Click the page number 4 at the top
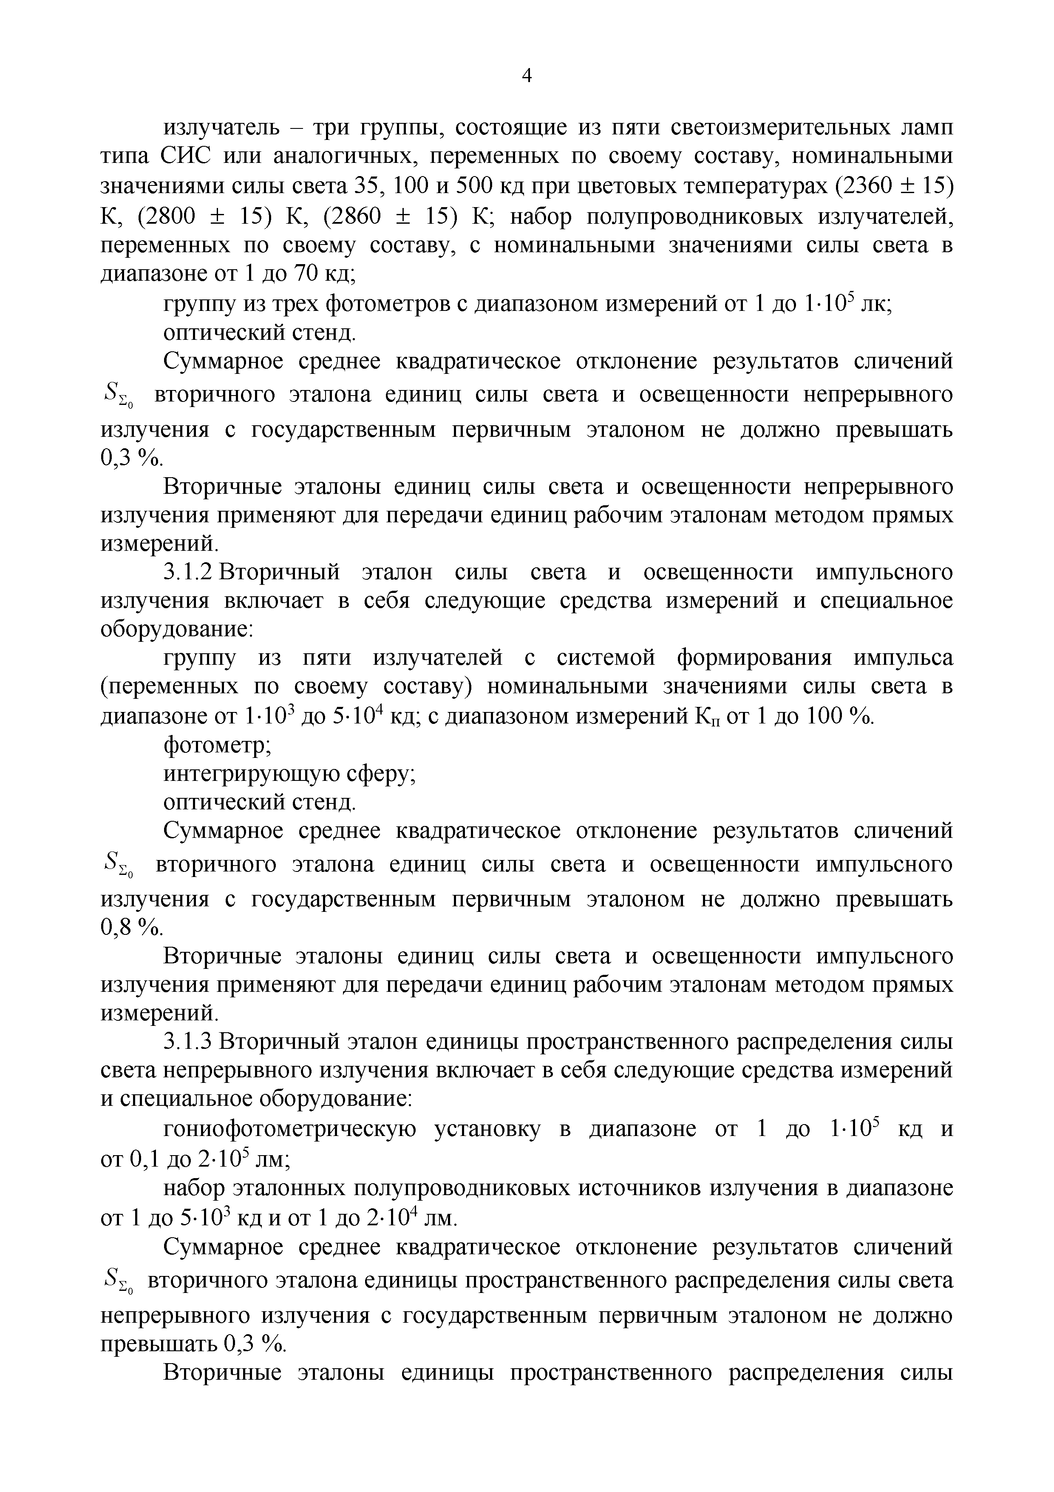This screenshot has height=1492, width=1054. coord(527,77)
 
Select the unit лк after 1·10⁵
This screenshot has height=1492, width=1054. coord(875,304)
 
